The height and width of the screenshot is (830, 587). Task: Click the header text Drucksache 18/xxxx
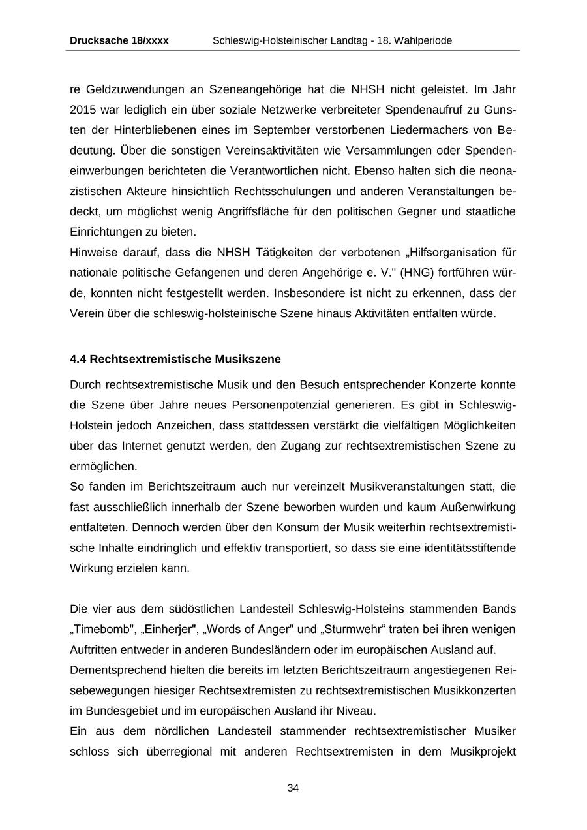coord(119,40)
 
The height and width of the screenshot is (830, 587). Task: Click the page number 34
coord(293,788)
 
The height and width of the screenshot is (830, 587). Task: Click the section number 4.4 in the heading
coord(78,359)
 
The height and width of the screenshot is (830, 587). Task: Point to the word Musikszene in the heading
coord(250,359)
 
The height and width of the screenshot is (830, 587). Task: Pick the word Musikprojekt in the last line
coord(483,751)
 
